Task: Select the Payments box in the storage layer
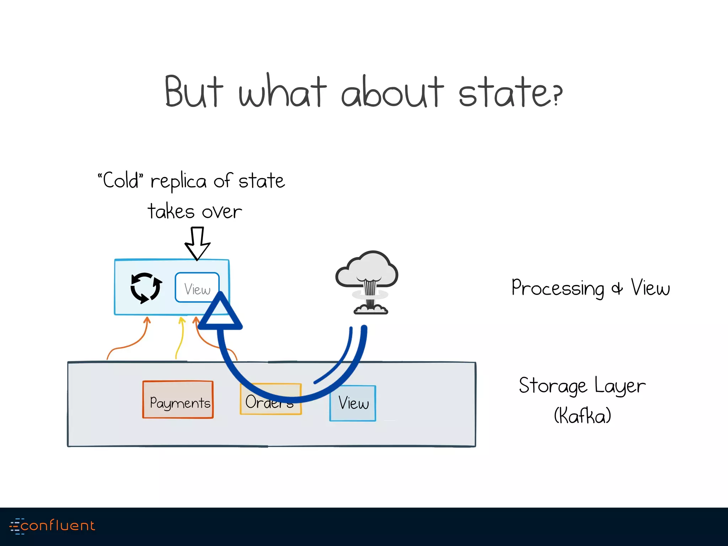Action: pos(178,400)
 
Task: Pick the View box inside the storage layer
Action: pos(353,403)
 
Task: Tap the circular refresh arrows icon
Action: pos(146,288)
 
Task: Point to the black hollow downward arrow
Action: pos(197,243)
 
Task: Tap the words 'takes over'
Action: pos(195,212)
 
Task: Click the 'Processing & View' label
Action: pos(590,288)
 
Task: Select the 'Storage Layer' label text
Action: pos(582,386)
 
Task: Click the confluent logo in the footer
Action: pos(53,526)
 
